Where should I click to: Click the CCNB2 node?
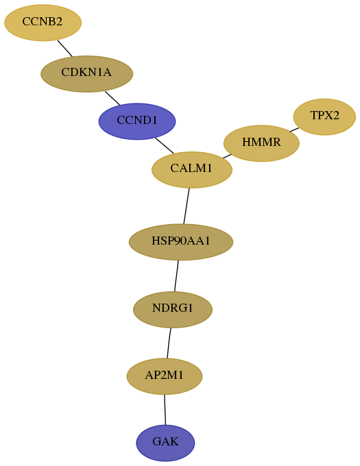click(43, 23)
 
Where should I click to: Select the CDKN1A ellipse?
click(86, 74)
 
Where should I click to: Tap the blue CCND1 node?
click(137, 121)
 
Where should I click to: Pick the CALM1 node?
click(192, 170)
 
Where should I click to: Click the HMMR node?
click(261, 143)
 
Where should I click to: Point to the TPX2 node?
click(324, 116)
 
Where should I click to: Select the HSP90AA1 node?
click(181, 242)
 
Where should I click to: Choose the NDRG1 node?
click(173, 309)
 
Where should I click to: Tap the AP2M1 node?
click(165, 376)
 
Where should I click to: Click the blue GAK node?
click(165, 443)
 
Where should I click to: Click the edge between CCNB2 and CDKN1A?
click(65, 48)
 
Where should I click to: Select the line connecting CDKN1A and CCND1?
click(112, 98)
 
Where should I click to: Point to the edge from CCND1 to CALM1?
click(165, 145)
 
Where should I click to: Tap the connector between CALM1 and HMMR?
click(227, 156)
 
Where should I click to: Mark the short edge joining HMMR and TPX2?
click(294, 130)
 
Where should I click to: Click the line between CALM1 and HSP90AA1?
click(187, 206)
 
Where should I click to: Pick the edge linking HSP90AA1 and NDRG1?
click(176, 275)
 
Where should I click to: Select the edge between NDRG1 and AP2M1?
click(169, 343)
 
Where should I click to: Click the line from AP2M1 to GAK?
click(165, 410)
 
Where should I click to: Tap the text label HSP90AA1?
click(181, 241)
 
